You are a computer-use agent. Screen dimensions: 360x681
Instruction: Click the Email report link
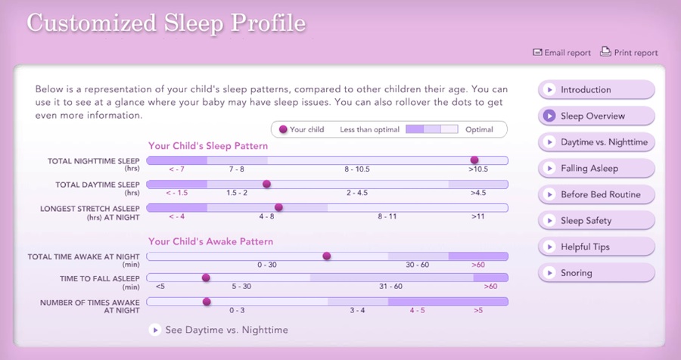(x=562, y=53)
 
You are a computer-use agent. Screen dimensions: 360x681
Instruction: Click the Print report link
(x=630, y=53)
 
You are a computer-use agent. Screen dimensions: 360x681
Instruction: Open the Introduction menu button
(x=595, y=90)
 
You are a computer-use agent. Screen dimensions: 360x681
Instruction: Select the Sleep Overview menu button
(x=595, y=116)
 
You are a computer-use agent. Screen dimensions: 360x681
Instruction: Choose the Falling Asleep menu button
(x=595, y=169)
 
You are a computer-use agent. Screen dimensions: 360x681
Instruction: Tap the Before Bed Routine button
(x=595, y=194)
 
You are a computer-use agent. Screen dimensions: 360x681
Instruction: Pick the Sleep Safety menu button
(x=595, y=221)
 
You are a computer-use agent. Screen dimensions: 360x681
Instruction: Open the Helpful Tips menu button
(x=595, y=247)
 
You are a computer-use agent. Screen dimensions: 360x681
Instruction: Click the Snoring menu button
(x=595, y=273)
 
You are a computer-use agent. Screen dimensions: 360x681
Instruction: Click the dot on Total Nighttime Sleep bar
(x=474, y=160)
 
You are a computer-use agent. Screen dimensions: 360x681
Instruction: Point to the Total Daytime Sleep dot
(x=266, y=184)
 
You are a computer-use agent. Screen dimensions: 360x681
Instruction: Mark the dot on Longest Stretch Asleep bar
(x=278, y=207)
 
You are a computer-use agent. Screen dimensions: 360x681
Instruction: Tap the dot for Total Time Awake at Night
(x=327, y=256)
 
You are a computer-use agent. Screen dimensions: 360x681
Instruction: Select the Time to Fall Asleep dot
(x=206, y=278)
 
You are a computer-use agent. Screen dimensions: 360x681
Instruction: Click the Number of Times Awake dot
(x=207, y=302)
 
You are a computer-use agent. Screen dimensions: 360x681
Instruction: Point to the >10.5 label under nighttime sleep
(x=478, y=170)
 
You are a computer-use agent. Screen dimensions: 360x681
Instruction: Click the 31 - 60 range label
(x=390, y=287)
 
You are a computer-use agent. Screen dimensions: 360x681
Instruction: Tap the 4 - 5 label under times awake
(x=418, y=310)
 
